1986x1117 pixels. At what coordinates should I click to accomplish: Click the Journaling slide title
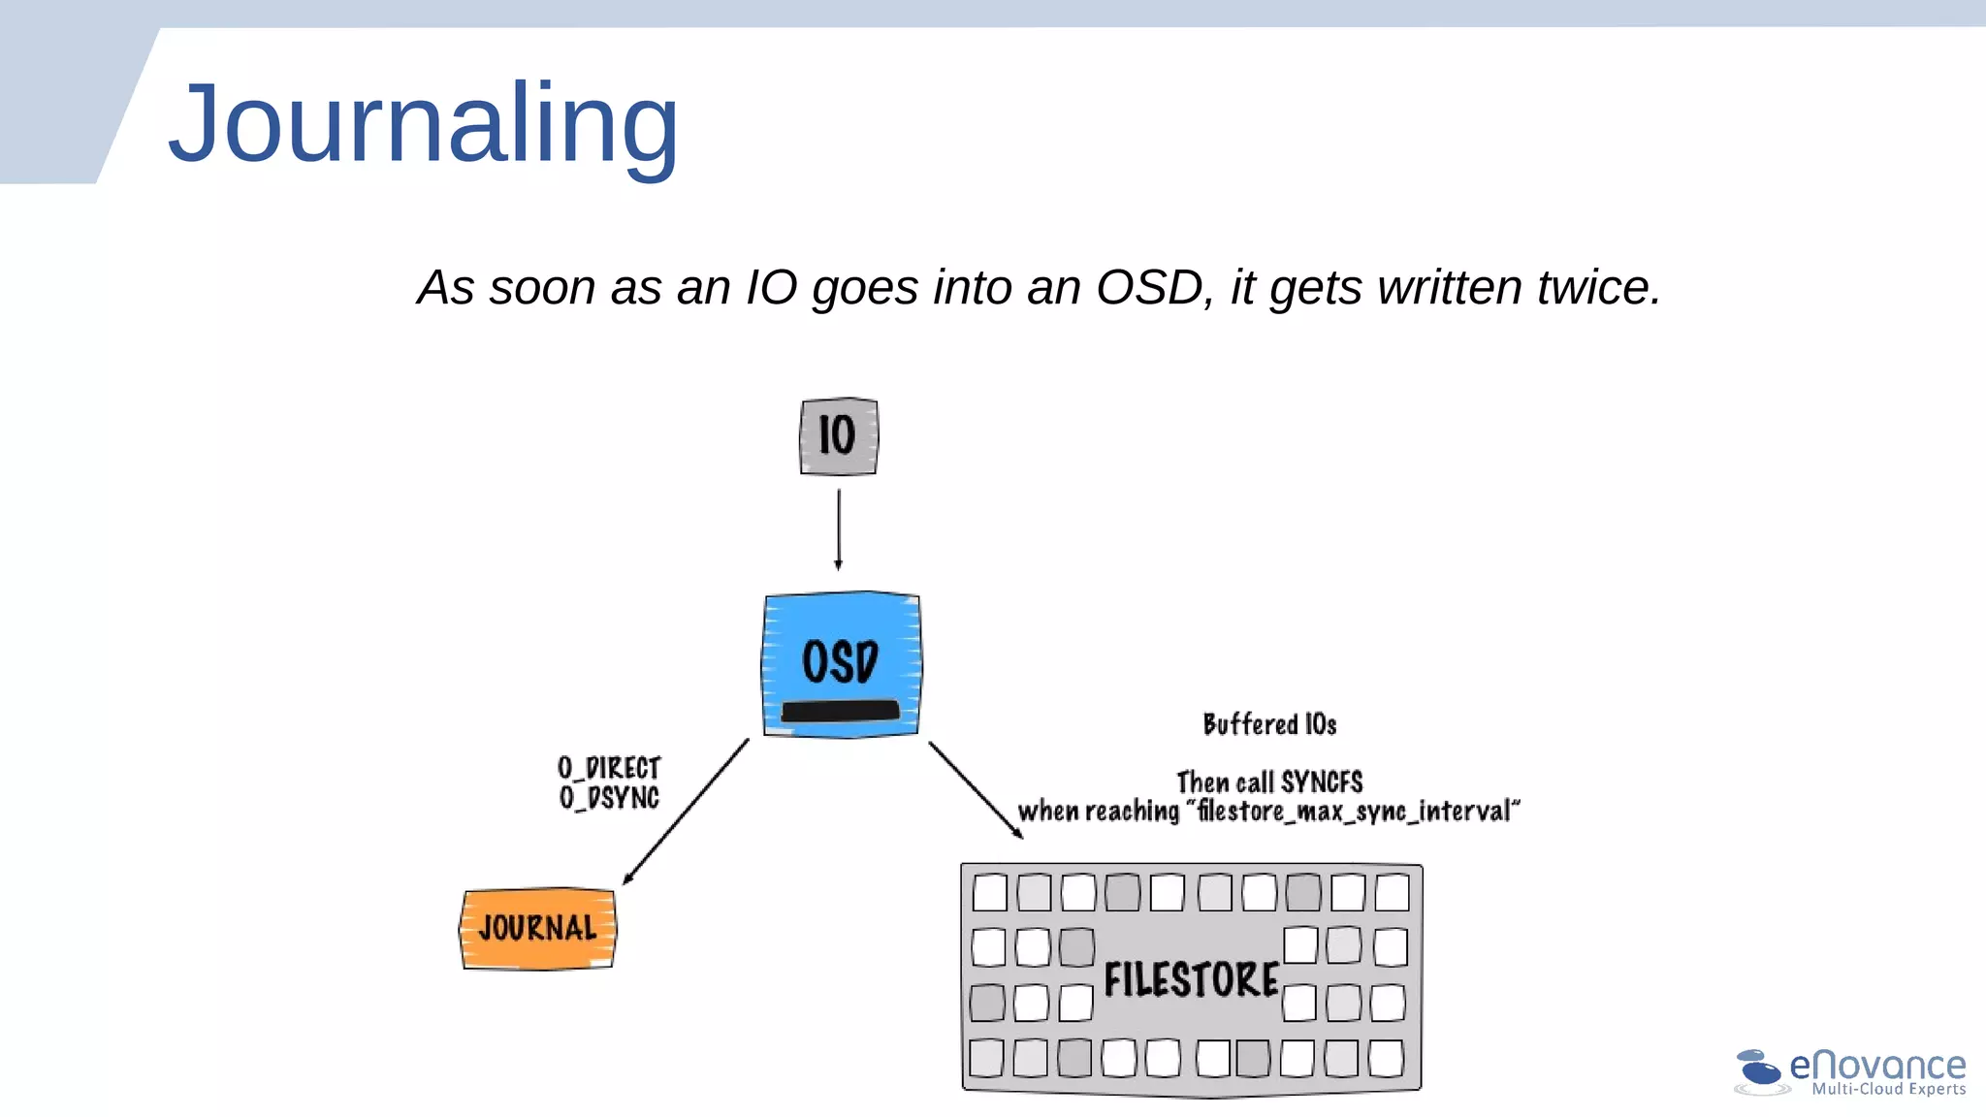click(424, 124)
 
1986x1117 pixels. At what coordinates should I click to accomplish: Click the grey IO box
click(839, 436)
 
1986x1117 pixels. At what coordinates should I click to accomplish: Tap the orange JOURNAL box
click(538, 929)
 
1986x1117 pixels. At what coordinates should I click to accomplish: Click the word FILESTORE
click(1192, 979)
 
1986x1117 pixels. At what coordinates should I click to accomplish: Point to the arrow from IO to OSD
click(839, 529)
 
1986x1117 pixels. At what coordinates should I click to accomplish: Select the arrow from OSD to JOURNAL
click(686, 812)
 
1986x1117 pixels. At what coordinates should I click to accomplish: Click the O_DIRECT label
click(609, 768)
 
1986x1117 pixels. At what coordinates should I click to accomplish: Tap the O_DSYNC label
click(609, 798)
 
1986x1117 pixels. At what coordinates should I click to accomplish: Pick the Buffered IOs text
click(1269, 724)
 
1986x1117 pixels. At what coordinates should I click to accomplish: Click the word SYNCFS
click(1321, 782)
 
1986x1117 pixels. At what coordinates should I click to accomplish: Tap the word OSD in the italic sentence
click(1149, 288)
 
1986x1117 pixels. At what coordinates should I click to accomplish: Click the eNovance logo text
click(1877, 1065)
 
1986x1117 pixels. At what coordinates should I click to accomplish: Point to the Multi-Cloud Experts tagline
click(1888, 1089)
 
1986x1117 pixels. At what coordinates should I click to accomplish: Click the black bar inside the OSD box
click(840, 712)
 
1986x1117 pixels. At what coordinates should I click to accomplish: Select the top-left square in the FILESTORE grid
click(989, 892)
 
